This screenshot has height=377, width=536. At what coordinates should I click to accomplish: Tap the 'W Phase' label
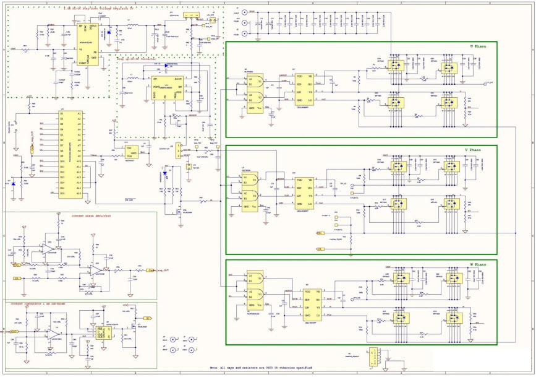480,264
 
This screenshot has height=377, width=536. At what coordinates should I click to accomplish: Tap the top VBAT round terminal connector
245,12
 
